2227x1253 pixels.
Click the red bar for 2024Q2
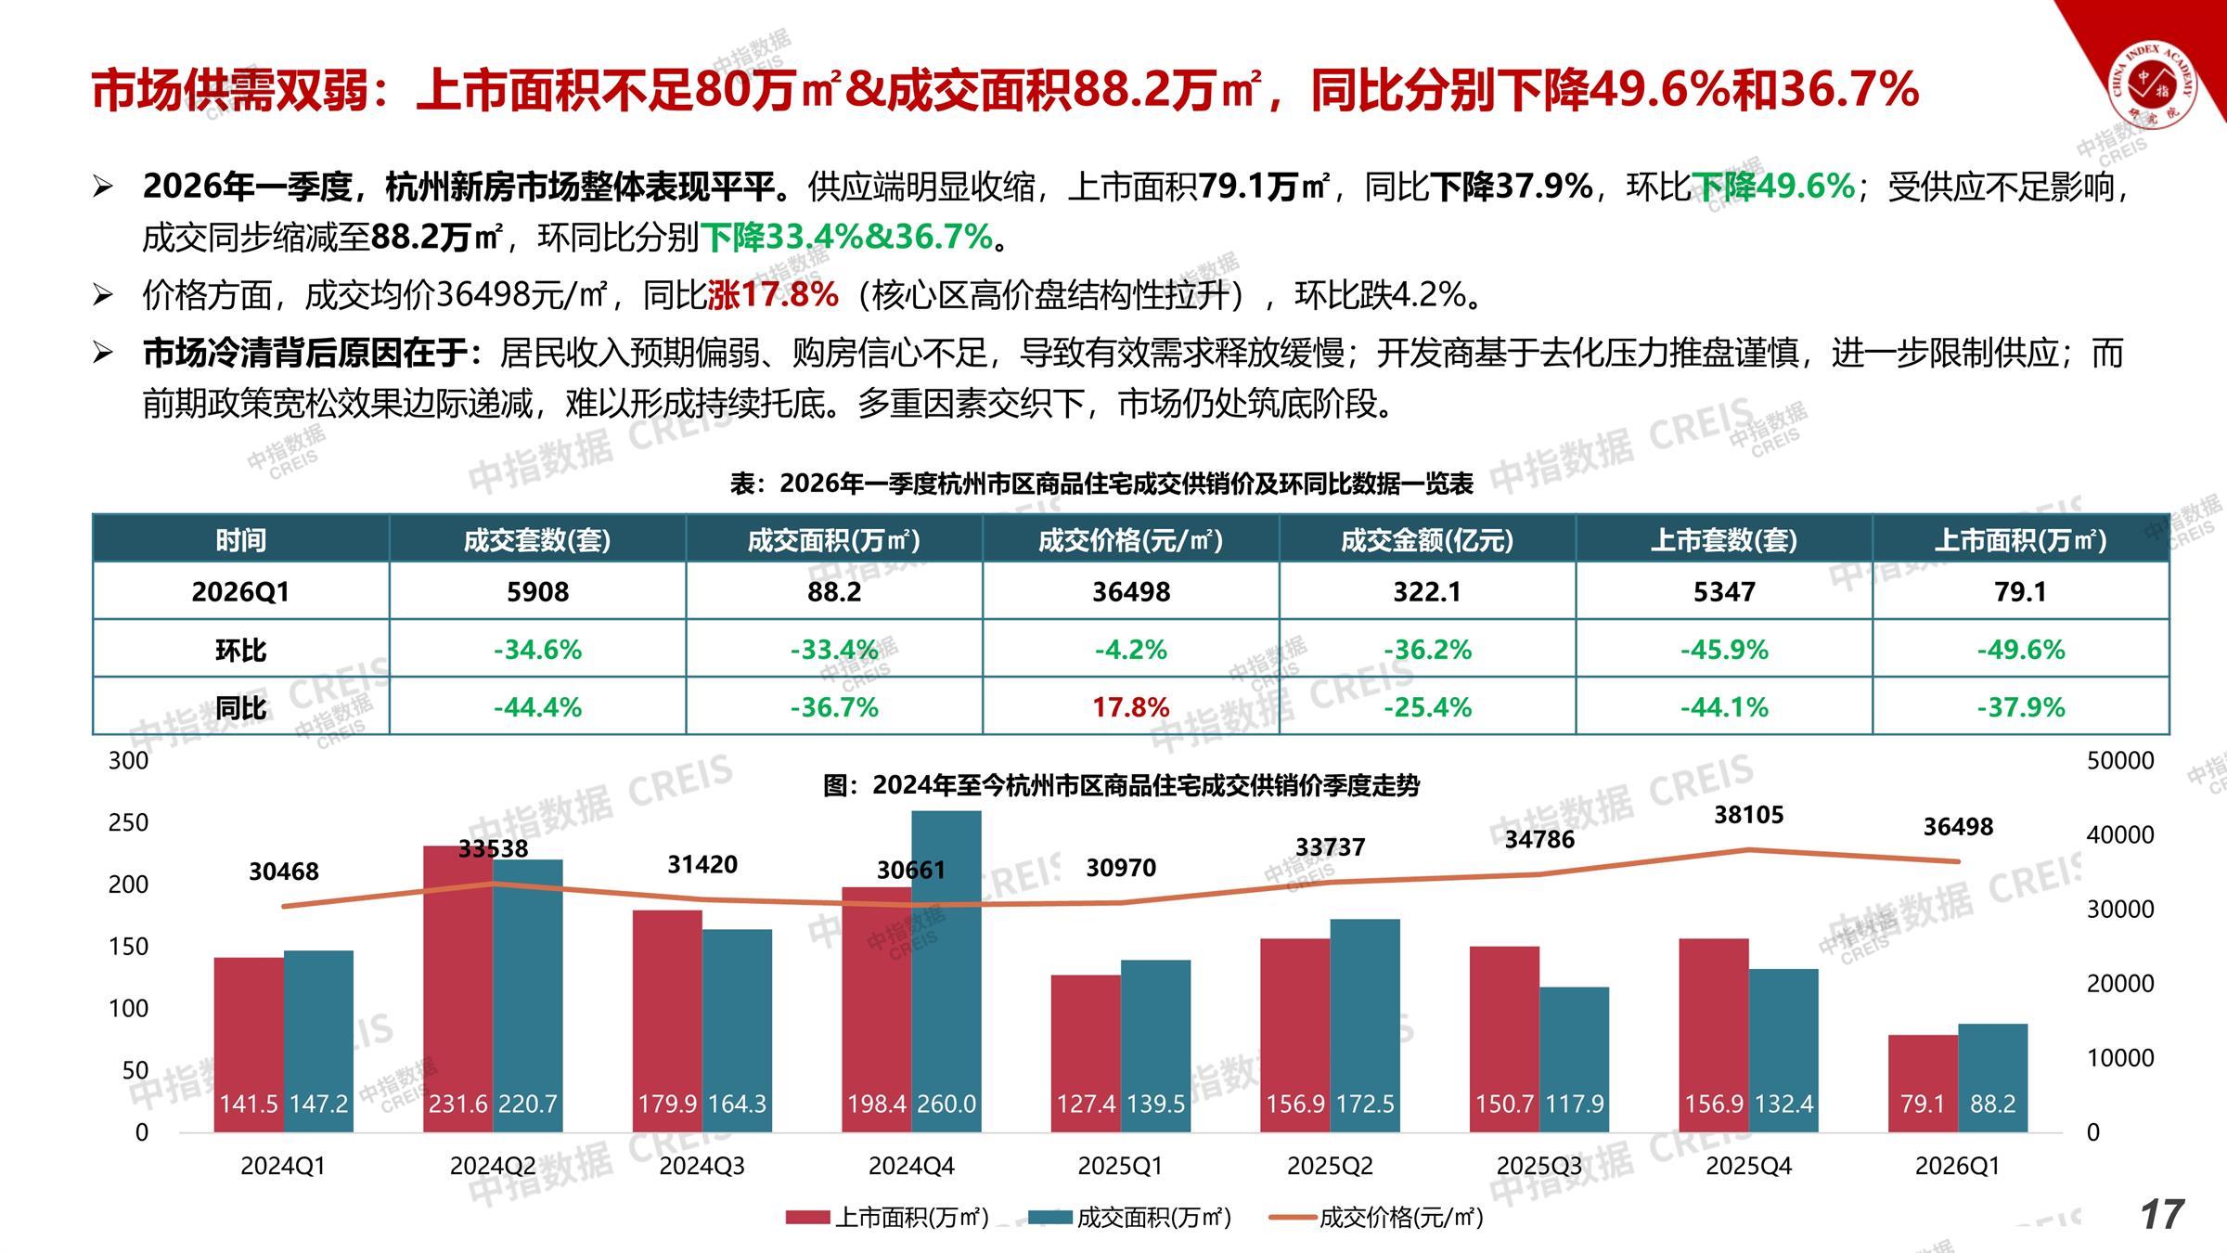click(x=457, y=988)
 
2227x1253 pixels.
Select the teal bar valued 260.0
click(x=946, y=970)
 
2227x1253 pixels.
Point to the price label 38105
click(x=1748, y=815)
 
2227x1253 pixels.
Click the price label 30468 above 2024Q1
click(x=284, y=872)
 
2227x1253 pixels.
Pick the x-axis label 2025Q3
click(x=1538, y=1166)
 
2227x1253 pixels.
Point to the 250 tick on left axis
click(x=128, y=822)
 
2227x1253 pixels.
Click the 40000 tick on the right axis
click(x=2120, y=834)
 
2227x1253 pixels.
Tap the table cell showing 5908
click(x=537, y=591)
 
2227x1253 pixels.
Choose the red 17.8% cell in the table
click(x=1130, y=707)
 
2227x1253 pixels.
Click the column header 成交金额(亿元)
click(x=1426, y=540)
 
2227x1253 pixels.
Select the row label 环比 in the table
click(x=240, y=650)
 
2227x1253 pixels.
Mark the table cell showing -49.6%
click(x=2020, y=650)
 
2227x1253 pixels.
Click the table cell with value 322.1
click(x=1426, y=591)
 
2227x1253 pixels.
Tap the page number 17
click(x=2162, y=1215)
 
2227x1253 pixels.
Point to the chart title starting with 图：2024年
click(x=1121, y=786)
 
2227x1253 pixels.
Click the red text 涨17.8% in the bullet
click(x=773, y=295)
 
